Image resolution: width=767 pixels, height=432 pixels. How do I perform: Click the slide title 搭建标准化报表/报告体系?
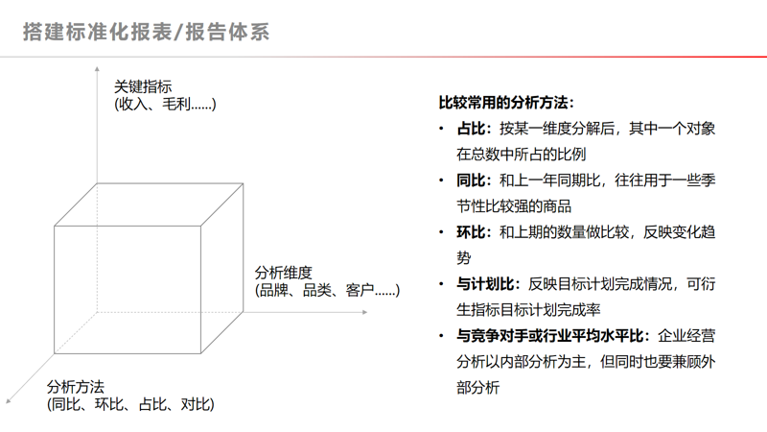tap(146, 33)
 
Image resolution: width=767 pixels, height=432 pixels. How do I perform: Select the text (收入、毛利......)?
tap(165, 104)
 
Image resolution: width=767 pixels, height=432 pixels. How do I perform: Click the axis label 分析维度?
tap(284, 272)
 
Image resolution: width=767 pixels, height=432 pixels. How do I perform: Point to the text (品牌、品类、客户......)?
tap(327, 289)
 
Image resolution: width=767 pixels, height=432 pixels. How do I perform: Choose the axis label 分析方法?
tap(76, 387)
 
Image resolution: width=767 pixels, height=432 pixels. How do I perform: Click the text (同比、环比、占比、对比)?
tap(130, 404)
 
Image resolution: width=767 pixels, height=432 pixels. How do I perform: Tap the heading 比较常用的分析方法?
tap(505, 102)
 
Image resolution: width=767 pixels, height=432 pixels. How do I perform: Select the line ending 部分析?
tap(478, 388)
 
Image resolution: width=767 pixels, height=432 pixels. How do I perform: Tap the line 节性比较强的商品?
tap(514, 205)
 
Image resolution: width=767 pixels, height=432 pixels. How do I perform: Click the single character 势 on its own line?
tap(464, 258)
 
